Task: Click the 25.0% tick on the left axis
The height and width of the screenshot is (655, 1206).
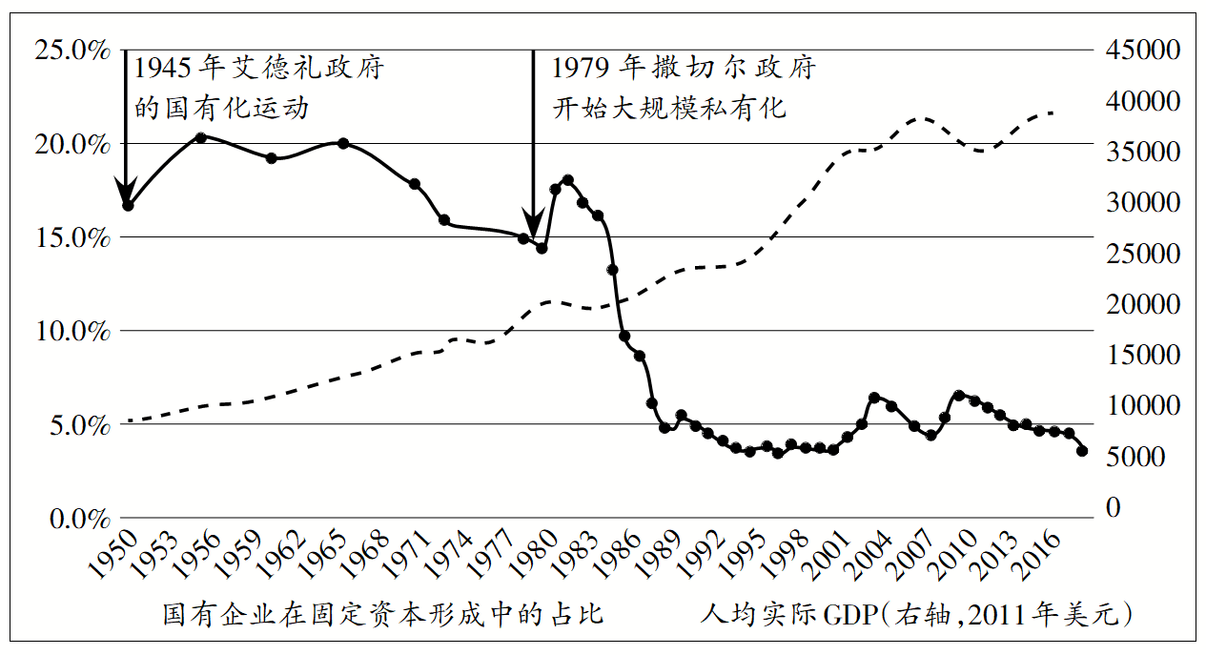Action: [72, 51]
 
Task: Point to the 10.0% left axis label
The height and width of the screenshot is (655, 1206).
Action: [72, 332]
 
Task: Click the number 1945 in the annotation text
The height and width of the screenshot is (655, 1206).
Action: [164, 69]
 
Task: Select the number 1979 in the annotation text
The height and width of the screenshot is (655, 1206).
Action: [582, 69]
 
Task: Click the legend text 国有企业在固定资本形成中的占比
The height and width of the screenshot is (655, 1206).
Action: [382, 614]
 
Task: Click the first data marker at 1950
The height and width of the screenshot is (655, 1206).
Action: [128, 205]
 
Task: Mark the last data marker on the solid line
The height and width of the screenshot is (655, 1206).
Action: [1082, 451]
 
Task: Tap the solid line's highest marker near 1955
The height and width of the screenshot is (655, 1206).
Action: [200, 137]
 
